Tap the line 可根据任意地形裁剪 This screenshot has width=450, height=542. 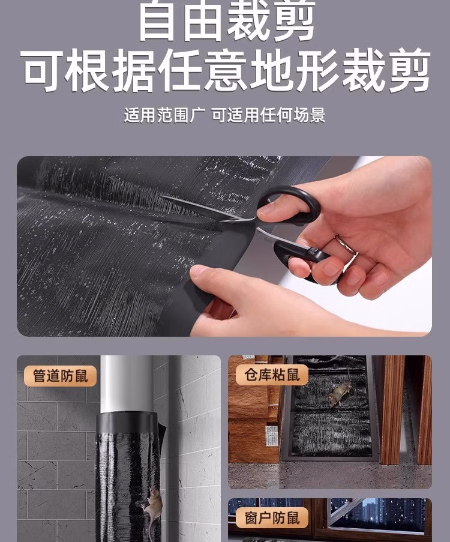(227, 70)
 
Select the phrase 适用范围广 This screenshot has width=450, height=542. (164, 115)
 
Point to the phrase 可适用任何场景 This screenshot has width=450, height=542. (269, 115)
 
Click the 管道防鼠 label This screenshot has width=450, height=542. (60, 376)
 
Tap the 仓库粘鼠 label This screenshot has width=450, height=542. (272, 375)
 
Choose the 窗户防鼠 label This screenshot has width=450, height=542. (272, 518)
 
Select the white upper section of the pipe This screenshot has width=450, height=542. (127, 384)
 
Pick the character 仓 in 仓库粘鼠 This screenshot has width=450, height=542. (251, 375)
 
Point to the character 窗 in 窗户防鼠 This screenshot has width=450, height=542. (251, 518)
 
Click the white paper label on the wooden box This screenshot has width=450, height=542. (270, 435)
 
